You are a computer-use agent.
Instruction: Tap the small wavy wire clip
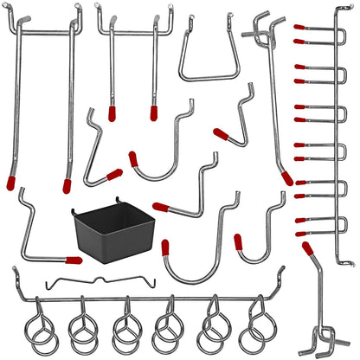[x=87, y=281]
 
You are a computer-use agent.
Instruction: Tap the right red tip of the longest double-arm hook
[x=67, y=184]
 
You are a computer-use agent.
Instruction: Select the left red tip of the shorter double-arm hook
[x=111, y=112]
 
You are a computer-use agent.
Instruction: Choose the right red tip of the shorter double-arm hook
[x=154, y=112]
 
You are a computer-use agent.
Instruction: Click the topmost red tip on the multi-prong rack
[x=299, y=28]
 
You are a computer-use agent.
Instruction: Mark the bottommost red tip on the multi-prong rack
[x=299, y=233]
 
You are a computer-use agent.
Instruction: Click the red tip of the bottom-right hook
[x=307, y=248]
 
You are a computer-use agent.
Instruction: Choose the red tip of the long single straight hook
[x=286, y=177]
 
